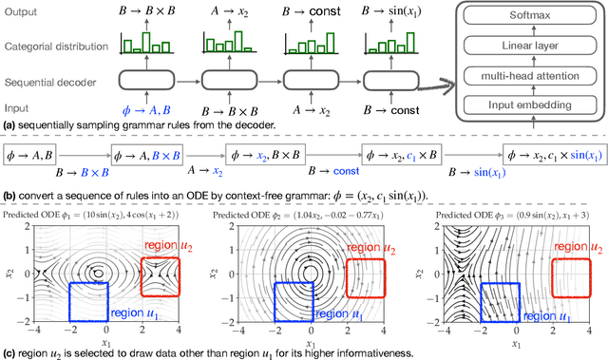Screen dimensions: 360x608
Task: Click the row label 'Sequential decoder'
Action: [x=49, y=82]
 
